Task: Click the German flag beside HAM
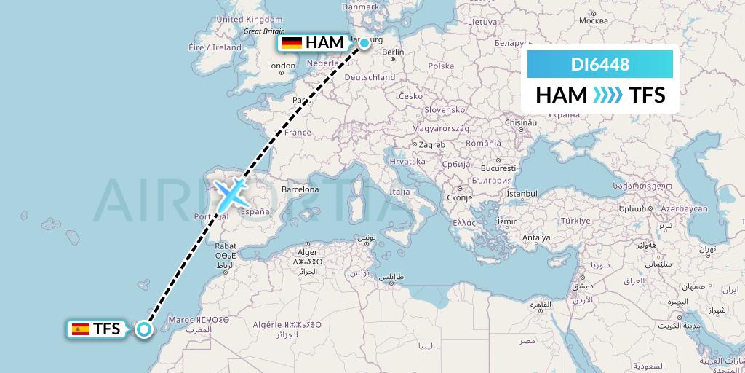[x=292, y=43]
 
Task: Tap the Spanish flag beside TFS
[x=80, y=329]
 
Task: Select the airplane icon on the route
[x=231, y=194]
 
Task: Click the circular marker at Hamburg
[x=364, y=43]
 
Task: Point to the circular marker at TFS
[x=144, y=329]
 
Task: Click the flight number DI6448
[x=599, y=65]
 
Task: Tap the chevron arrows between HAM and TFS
[x=608, y=95]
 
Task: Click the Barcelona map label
[x=300, y=189]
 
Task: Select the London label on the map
[x=281, y=66]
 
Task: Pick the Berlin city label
[x=392, y=52]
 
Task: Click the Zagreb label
[x=431, y=144]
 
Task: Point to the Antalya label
[x=536, y=237]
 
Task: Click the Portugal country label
[x=210, y=216]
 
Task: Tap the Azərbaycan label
[x=684, y=208]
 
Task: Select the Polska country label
[x=441, y=66]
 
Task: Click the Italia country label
[x=399, y=192]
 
